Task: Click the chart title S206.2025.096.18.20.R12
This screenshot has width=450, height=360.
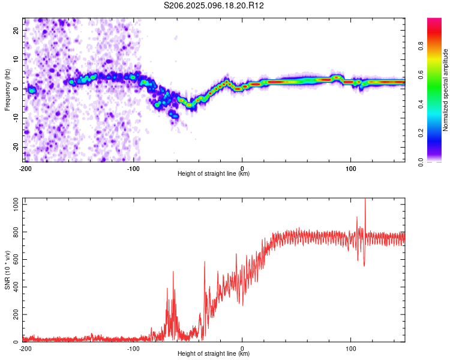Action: [x=214, y=5]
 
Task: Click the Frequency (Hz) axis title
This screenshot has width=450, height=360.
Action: [x=7, y=90]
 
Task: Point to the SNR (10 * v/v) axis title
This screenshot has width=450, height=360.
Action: [x=7, y=270]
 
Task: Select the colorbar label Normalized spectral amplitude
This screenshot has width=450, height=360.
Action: [x=445, y=90]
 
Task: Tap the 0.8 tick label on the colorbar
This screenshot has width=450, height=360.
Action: [x=421, y=46]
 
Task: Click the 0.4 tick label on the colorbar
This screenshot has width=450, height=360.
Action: [x=421, y=104]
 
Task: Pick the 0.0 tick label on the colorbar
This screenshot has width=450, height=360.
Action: [x=421, y=163]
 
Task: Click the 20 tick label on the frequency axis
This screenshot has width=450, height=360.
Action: [x=16, y=30]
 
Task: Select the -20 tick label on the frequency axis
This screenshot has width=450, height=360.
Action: [x=16, y=147]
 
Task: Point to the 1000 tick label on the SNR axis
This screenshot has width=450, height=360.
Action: [x=16, y=205]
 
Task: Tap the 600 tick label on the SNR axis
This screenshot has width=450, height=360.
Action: [x=16, y=260]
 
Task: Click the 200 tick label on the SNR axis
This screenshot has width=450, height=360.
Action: [x=16, y=314]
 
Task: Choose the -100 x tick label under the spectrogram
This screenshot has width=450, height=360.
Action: [x=133, y=169]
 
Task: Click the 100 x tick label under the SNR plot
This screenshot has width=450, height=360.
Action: [x=351, y=349]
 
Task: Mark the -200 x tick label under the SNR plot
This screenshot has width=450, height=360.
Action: [x=25, y=349]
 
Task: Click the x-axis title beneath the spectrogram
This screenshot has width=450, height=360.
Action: [x=214, y=173]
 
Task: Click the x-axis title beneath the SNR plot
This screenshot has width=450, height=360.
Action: [x=214, y=353]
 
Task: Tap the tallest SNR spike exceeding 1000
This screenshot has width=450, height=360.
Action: [x=365, y=199]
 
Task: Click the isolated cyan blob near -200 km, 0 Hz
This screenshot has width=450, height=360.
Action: [x=32, y=91]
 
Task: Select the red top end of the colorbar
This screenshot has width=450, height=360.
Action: [x=434, y=20]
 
